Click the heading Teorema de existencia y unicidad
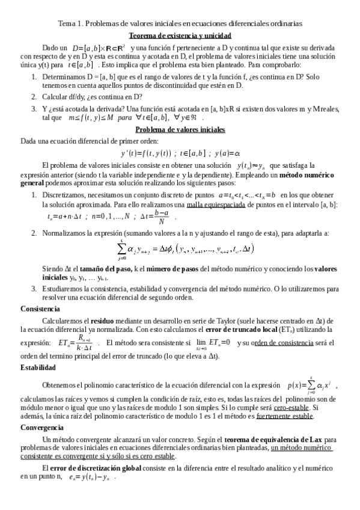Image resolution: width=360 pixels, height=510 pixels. pos(180,36)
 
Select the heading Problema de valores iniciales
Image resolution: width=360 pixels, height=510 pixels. pos(180,129)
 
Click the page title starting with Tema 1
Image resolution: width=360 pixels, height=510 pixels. pos(180,23)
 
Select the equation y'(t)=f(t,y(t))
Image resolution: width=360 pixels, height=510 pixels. pos(180,152)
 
